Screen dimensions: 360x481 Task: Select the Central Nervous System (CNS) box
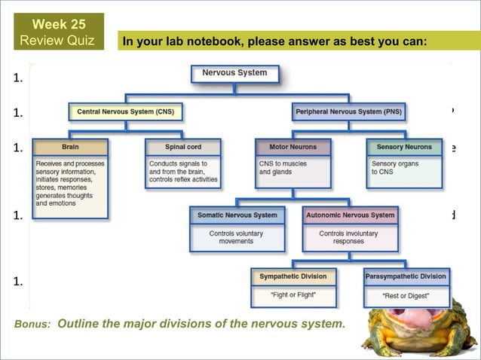[124, 111]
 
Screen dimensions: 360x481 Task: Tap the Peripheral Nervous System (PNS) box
[349, 111]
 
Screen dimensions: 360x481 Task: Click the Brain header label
[70, 147]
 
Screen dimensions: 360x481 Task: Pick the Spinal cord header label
[183, 147]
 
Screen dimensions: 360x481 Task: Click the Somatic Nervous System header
[237, 215]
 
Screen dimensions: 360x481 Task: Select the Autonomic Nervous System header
[350, 215]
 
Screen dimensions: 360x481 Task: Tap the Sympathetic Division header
[293, 276]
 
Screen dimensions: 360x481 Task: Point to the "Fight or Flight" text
[293, 294]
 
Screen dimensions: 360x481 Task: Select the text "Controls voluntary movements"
[237, 237]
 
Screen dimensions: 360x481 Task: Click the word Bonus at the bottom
[32, 325]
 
